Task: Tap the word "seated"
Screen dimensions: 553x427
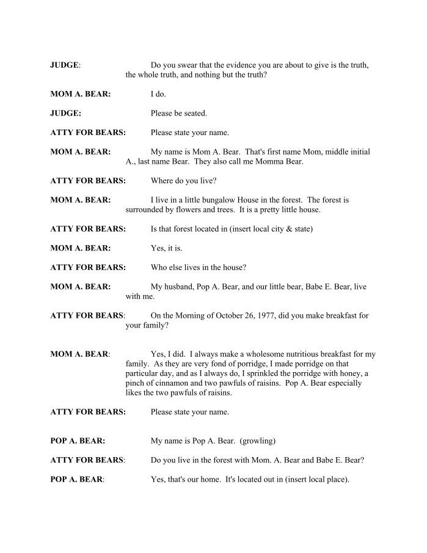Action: (x=195, y=113)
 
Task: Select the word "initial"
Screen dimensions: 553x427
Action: (x=358, y=152)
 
